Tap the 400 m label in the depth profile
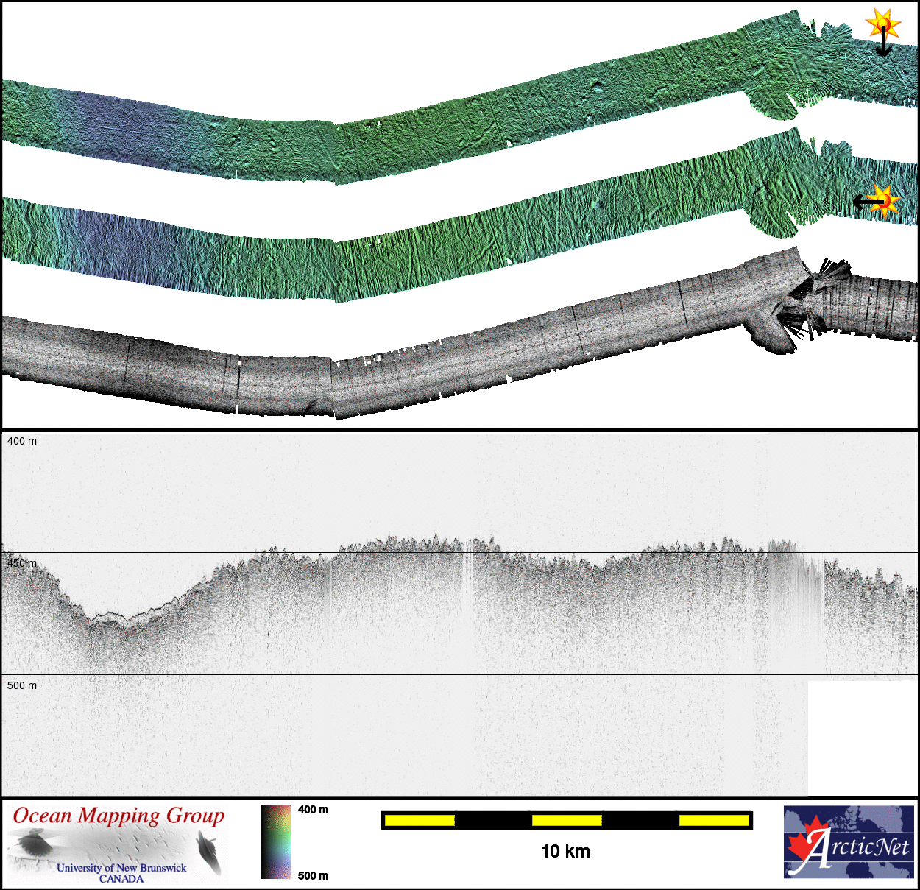coord(22,441)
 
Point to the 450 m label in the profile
coord(22,563)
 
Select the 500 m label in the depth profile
coord(22,685)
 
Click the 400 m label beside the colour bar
coord(313,810)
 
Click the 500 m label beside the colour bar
coord(313,876)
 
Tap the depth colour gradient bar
coord(275,842)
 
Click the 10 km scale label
coord(566,852)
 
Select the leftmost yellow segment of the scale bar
coord(420,821)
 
